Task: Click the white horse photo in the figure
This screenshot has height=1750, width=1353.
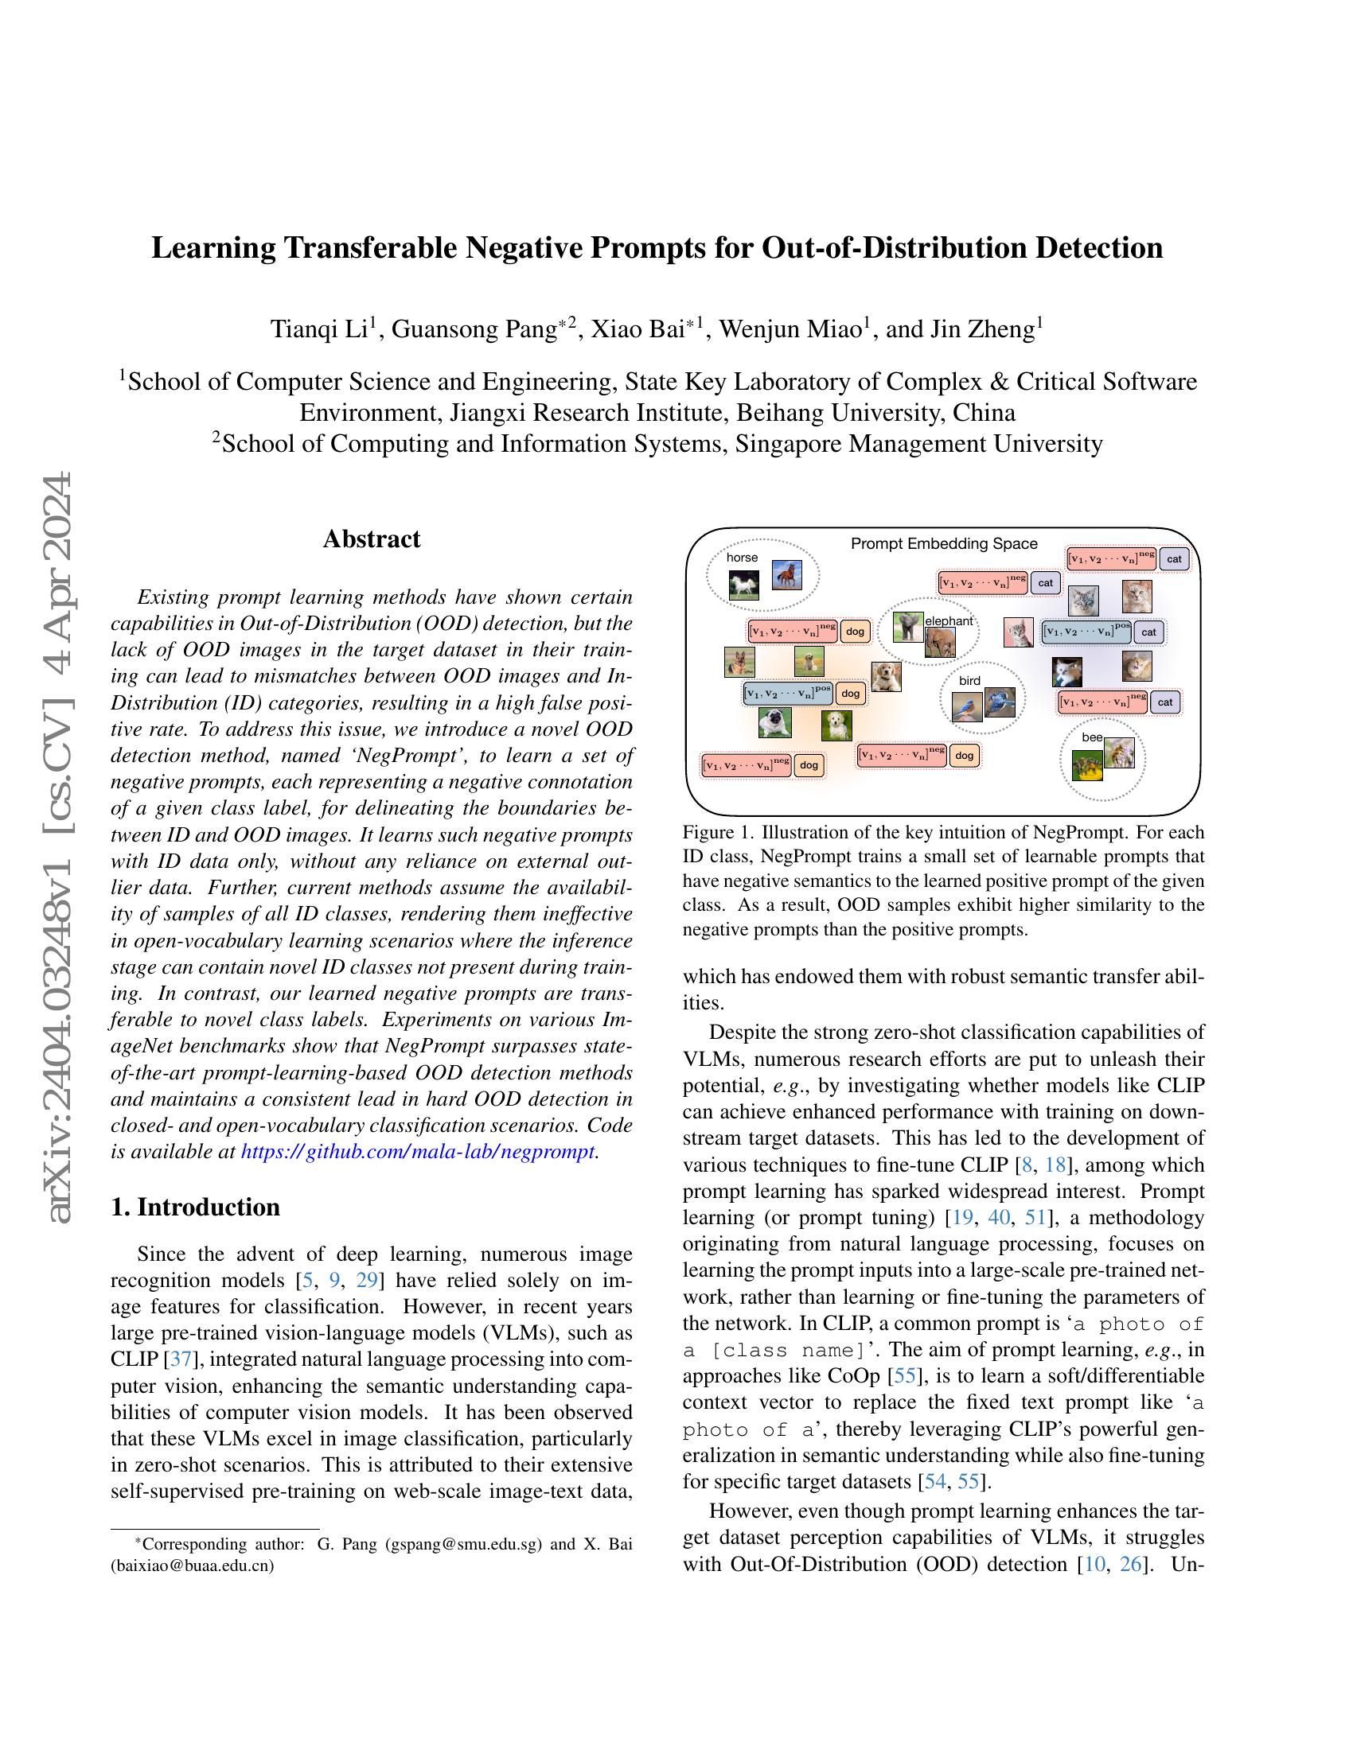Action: point(744,585)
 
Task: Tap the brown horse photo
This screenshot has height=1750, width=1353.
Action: point(786,574)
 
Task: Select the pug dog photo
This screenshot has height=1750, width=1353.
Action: point(774,722)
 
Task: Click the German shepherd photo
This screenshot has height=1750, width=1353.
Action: point(739,662)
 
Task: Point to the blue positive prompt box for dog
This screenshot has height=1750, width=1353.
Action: point(788,693)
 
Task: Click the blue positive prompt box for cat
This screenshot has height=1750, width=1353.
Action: point(1086,632)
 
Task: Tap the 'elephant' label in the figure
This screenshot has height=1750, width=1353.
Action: point(948,620)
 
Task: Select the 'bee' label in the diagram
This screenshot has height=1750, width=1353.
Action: point(1092,737)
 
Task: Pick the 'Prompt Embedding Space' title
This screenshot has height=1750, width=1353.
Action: point(943,544)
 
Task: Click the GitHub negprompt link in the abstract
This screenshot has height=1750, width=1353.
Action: point(418,1153)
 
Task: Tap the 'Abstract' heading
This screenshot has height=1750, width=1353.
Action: point(371,539)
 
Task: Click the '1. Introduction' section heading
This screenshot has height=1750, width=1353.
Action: point(196,1207)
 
